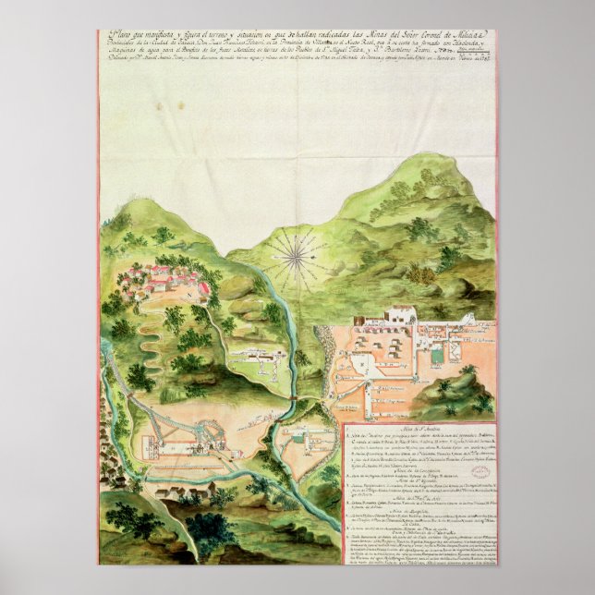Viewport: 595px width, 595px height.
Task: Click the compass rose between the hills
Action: click(x=297, y=256)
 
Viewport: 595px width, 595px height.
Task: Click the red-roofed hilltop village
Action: click(x=162, y=278)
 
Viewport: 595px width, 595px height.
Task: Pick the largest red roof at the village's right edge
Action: click(x=203, y=288)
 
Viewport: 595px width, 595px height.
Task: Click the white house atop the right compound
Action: click(x=402, y=315)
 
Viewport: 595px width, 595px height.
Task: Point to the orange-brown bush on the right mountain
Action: click(x=422, y=274)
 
